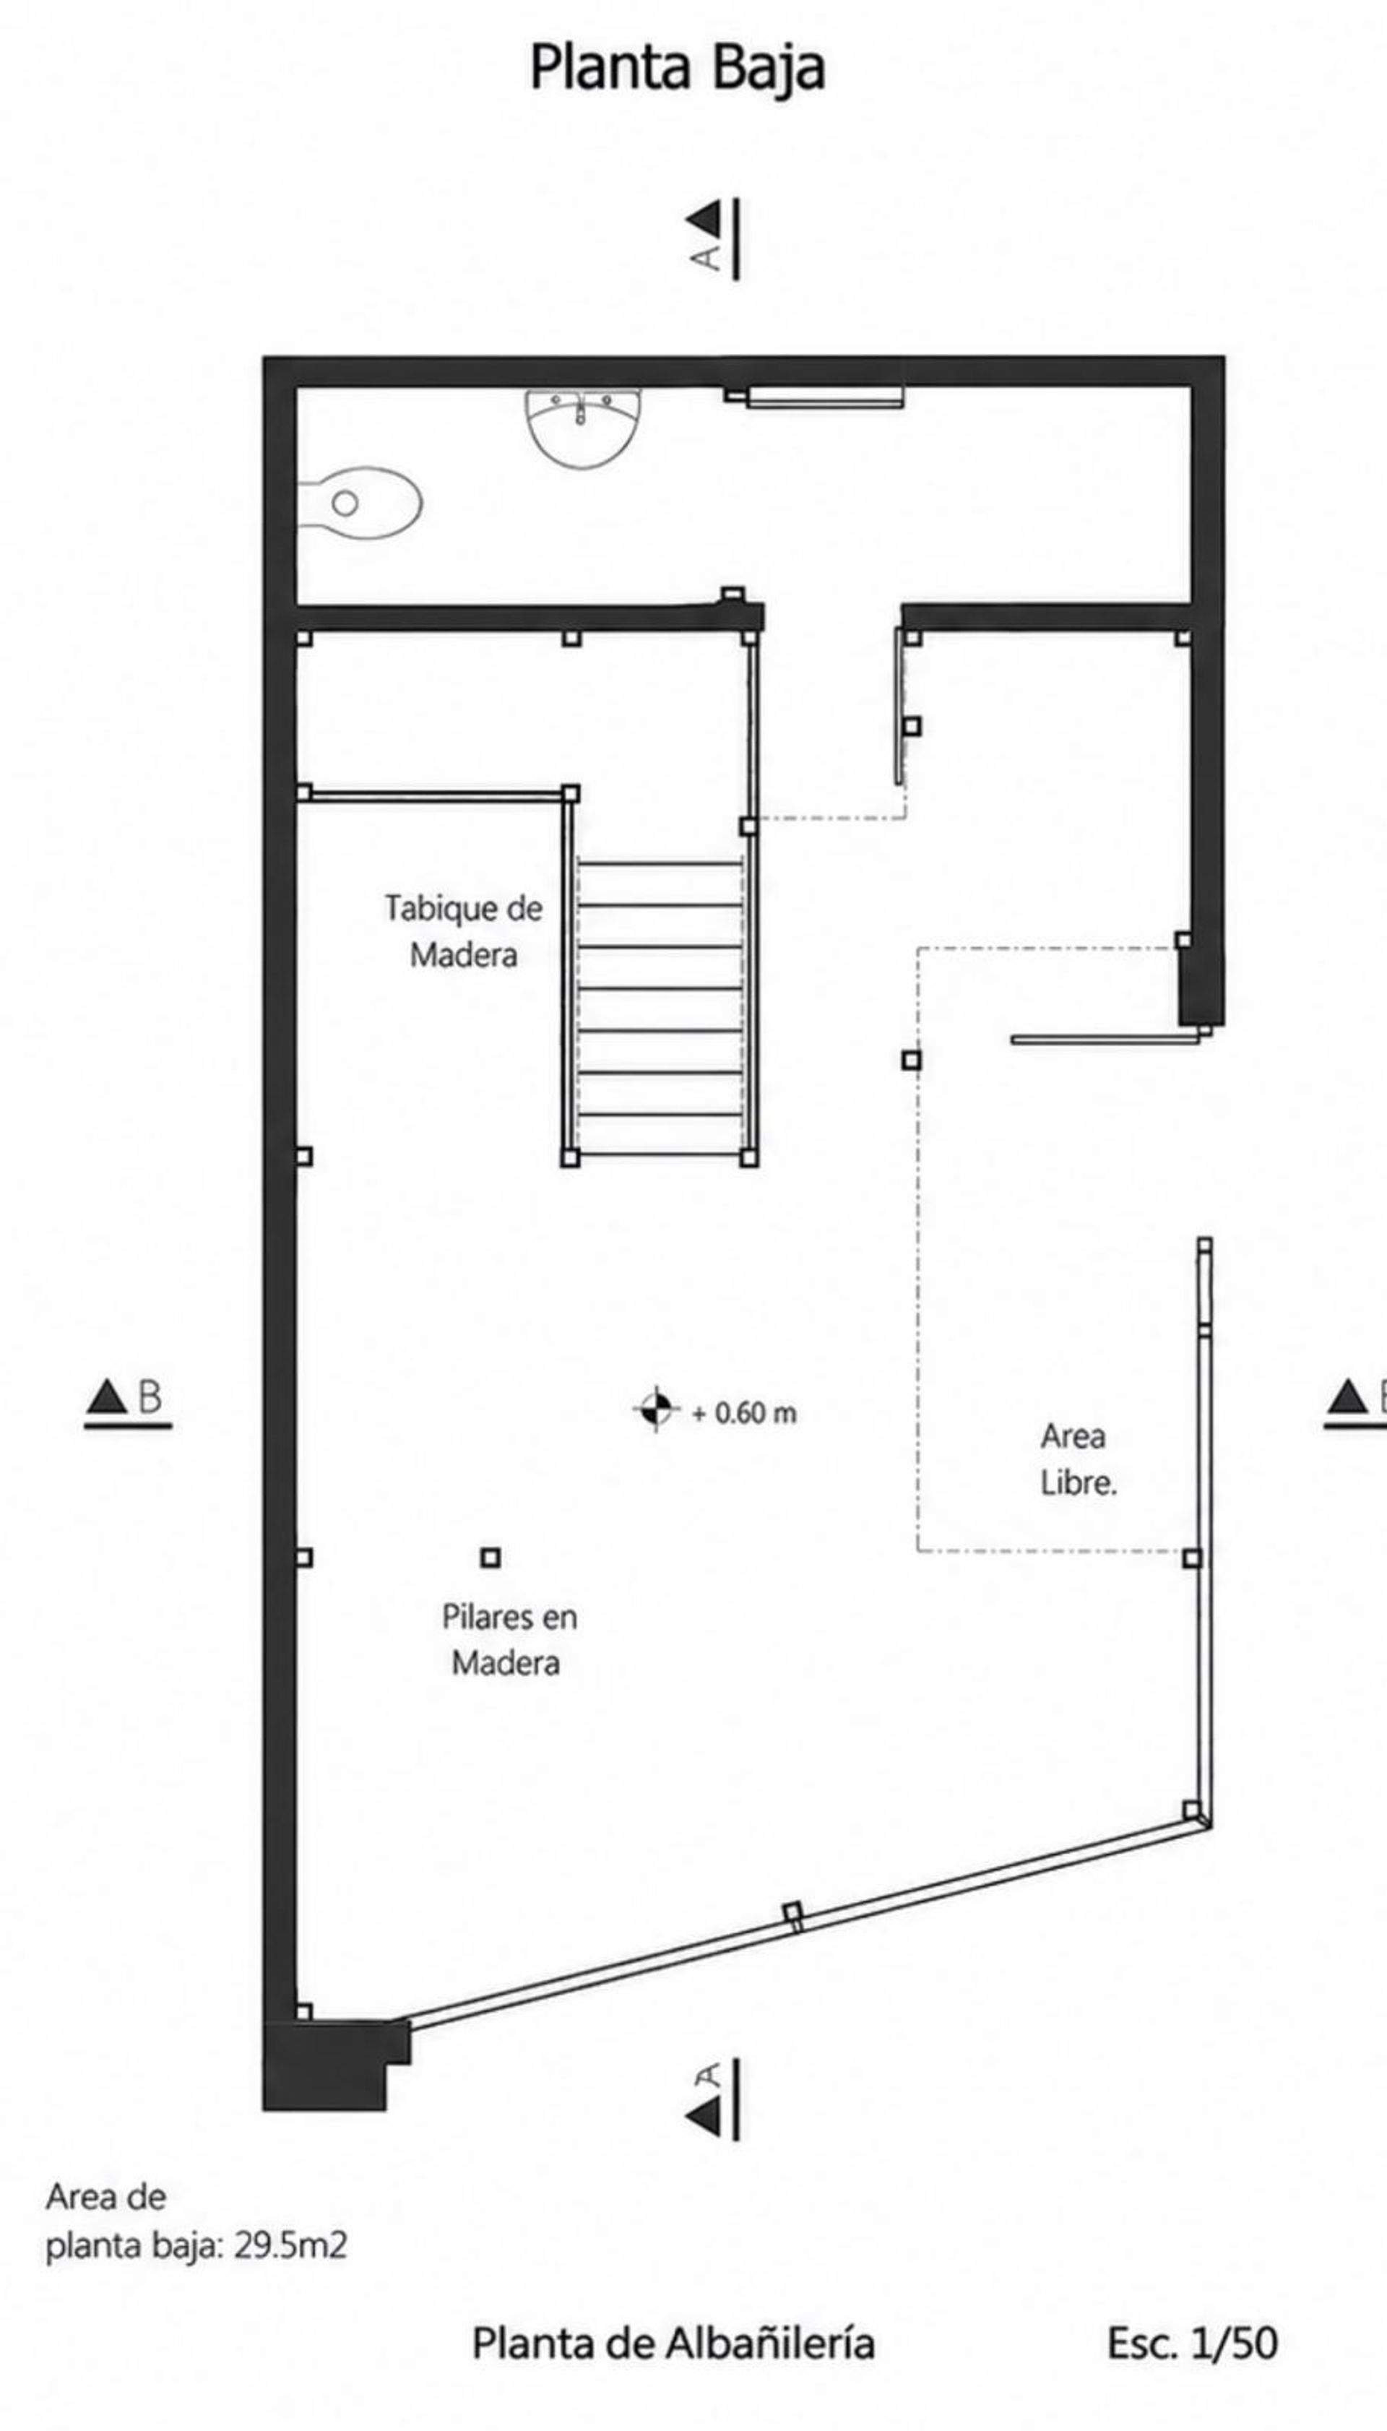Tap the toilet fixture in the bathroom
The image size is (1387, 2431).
360,502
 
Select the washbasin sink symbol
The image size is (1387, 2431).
583,428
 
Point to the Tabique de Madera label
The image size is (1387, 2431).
464,930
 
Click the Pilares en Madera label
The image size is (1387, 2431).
509,1639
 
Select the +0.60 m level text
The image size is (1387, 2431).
744,1412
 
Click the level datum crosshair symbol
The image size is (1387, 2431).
655,1409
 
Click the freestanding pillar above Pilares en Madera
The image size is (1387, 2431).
491,1558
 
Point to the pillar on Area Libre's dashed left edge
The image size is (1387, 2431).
912,1059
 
